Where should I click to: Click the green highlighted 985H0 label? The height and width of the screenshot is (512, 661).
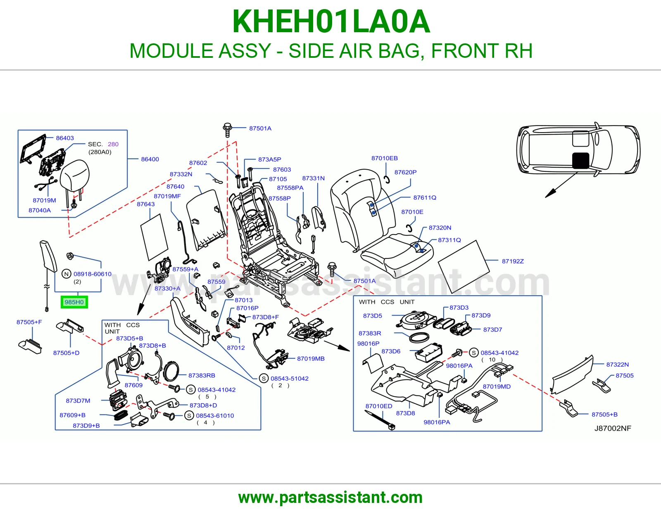(x=74, y=302)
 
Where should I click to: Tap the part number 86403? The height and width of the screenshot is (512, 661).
(x=65, y=138)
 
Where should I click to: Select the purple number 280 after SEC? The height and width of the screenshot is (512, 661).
(x=113, y=144)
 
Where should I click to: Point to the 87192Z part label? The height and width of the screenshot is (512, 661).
(x=513, y=261)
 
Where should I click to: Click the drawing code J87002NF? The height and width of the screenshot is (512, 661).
(x=613, y=428)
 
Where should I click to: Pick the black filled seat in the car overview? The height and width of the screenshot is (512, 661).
(x=581, y=161)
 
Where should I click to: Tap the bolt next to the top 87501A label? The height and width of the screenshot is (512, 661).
(x=228, y=130)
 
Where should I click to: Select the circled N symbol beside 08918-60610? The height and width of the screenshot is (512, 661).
(x=67, y=274)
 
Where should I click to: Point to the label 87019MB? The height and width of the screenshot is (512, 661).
(x=311, y=358)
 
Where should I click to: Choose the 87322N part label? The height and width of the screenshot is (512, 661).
(x=618, y=364)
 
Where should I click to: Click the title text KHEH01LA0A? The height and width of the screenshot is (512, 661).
(x=331, y=21)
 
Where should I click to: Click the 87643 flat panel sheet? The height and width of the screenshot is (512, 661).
(x=155, y=237)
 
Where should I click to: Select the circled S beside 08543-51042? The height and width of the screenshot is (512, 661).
(x=264, y=379)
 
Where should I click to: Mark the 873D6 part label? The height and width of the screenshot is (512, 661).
(x=391, y=351)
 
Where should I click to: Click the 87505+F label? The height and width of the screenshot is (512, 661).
(x=29, y=322)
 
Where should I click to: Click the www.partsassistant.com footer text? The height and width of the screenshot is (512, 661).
(x=330, y=498)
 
